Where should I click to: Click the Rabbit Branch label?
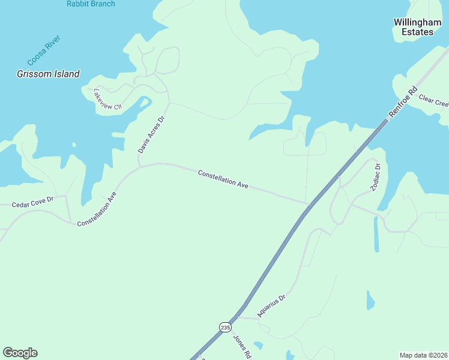[91, 4]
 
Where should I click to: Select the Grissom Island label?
[48, 74]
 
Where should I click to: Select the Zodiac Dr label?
[376, 178]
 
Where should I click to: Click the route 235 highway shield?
[225, 327]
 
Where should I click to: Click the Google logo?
[20, 353]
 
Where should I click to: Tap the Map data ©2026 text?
[424, 355]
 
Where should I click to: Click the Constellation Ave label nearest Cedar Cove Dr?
[96, 209]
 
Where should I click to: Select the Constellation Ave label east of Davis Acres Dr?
[223, 179]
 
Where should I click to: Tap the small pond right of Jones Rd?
[258, 345]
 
